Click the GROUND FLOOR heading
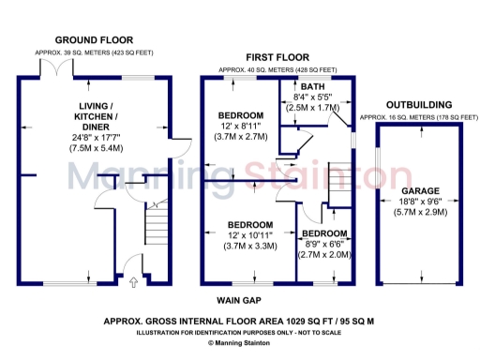91,39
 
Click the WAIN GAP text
239,301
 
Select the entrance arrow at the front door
132,280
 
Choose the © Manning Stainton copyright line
240,344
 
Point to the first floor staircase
339,183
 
